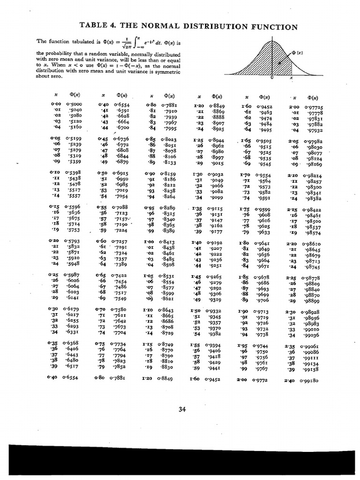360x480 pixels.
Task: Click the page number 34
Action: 182,409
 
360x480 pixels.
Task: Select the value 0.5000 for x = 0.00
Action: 74,104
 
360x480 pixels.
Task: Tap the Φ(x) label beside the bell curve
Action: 297,52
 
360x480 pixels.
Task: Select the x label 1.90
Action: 242,311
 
